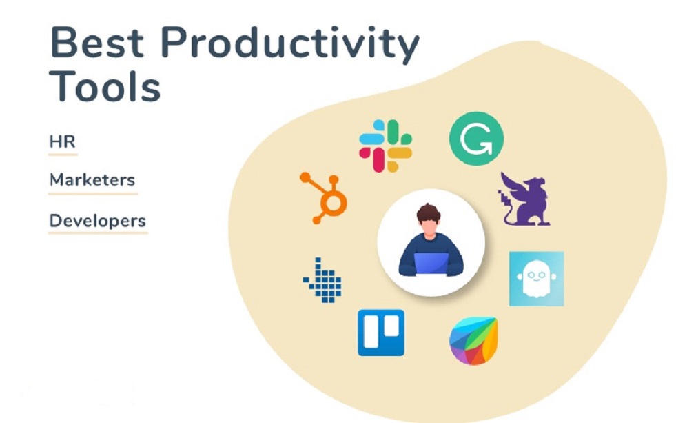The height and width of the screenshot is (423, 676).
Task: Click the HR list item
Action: click(x=62, y=142)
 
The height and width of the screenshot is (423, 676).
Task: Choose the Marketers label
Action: click(x=92, y=180)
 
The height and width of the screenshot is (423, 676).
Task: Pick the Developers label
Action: click(x=97, y=221)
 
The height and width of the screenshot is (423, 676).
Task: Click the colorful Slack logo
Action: click(x=385, y=146)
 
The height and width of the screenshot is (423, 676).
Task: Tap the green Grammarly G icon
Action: click(x=476, y=138)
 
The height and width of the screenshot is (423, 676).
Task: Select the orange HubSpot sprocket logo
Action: click(x=325, y=197)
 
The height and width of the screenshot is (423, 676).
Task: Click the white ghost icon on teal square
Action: click(x=536, y=279)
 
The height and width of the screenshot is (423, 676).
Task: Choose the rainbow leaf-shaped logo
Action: click(x=473, y=341)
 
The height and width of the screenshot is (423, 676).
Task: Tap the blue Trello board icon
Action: click(x=380, y=333)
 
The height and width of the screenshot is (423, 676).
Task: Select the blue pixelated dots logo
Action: click(x=322, y=279)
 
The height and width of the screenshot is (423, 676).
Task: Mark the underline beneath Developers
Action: click(x=98, y=233)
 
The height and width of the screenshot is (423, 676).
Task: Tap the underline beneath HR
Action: click(x=62, y=155)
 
